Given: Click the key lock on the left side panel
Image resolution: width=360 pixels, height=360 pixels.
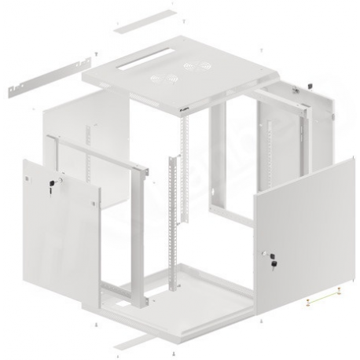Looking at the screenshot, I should (52, 182).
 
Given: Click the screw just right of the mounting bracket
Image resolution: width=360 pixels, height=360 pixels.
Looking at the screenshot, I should (94, 53).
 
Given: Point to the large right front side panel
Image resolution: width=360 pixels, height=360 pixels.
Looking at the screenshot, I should (299, 228).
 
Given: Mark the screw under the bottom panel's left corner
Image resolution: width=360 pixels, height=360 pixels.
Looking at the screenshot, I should (95, 322).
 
